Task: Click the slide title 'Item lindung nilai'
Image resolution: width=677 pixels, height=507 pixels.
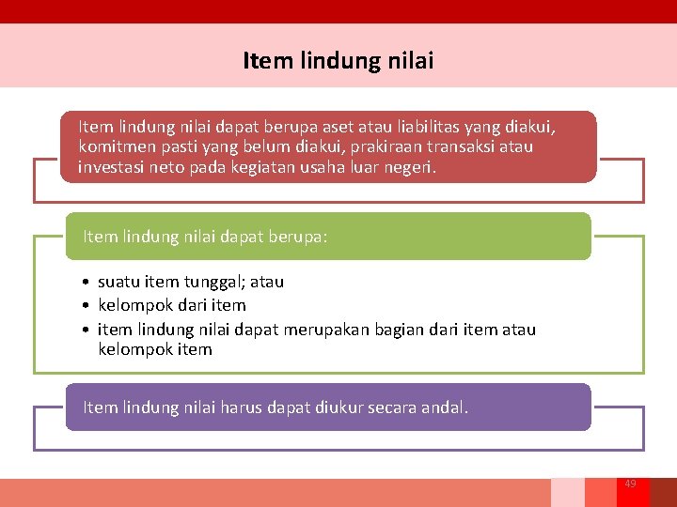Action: click(338, 61)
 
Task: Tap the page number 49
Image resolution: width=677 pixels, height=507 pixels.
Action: click(630, 484)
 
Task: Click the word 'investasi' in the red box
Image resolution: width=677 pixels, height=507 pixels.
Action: click(111, 167)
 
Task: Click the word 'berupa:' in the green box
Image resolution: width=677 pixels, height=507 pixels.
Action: click(300, 237)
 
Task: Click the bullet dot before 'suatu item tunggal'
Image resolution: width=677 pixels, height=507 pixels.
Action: click(85, 282)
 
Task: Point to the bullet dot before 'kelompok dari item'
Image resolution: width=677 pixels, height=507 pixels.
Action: click(85, 305)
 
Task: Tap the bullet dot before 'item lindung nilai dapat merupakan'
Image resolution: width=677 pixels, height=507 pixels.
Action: click(85, 329)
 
